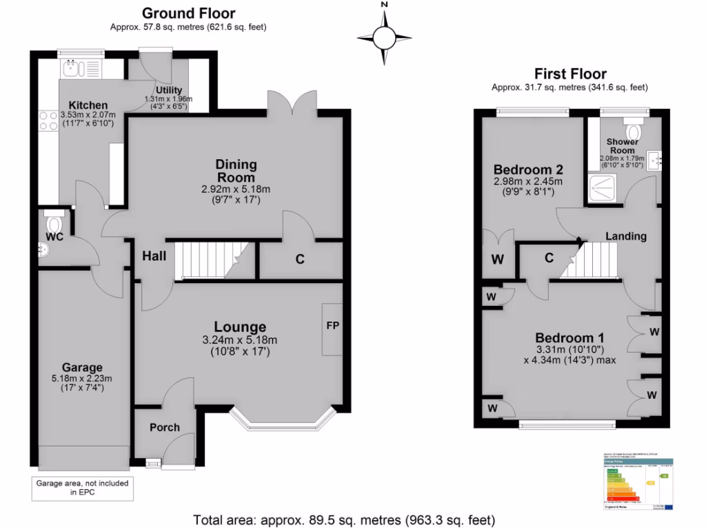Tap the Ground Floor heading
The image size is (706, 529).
[x=188, y=13]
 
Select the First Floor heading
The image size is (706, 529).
[x=570, y=74]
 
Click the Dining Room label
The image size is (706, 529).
[x=236, y=171]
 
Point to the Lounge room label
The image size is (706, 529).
[x=239, y=326]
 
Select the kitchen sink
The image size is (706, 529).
[x=72, y=68]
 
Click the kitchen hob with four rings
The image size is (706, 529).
[x=48, y=121]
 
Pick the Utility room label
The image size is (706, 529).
[x=169, y=90]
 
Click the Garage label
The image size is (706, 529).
[x=82, y=367]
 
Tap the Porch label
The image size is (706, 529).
[x=165, y=427]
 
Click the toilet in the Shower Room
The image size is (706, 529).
[x=632, y=129]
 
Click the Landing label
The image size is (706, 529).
[x=625, y=236]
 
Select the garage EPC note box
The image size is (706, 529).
[x=82, y=488]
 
